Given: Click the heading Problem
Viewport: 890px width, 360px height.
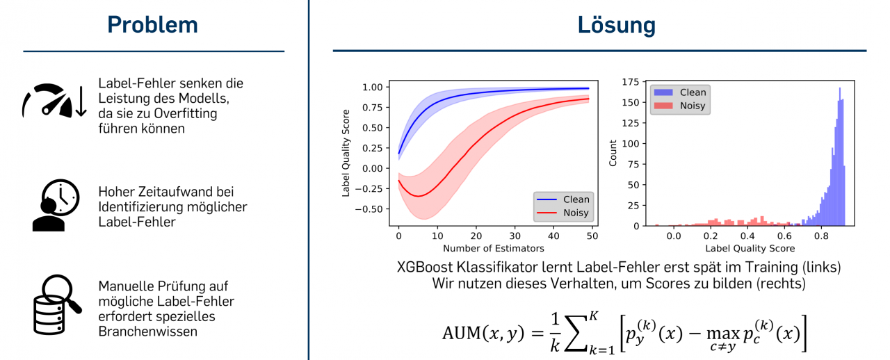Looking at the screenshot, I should pos(152,25).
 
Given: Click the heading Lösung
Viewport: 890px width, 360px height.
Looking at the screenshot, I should pos(616,25).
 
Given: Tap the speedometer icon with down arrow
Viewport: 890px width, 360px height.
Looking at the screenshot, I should pos(54,101).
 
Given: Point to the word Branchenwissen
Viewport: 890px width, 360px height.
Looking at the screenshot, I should pos(148,332).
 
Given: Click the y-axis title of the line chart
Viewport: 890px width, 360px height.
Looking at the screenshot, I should pos(346,153).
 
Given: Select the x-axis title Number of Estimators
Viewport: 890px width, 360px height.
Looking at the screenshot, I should pos(494,247).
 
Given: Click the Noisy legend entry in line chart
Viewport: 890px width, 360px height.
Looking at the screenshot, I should pos(563,213).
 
